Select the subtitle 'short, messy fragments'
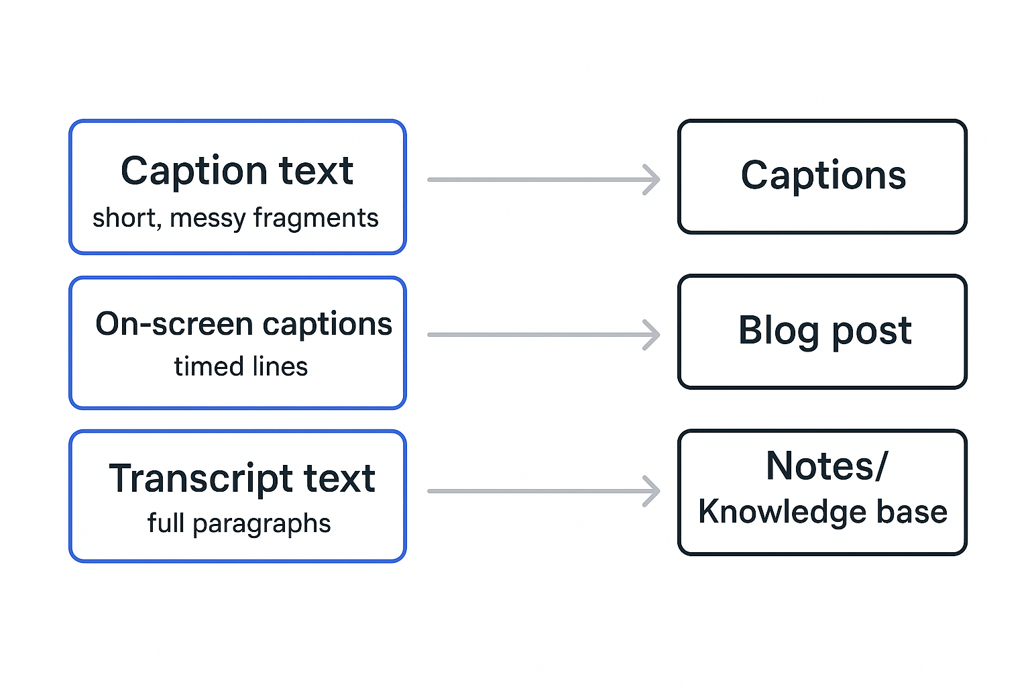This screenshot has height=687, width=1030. (235, 218)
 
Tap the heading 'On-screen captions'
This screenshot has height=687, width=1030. (243, 324)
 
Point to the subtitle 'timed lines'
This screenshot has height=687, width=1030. (241, 367)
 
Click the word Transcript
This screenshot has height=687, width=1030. (201, 479)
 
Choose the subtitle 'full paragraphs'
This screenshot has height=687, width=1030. (239, 523)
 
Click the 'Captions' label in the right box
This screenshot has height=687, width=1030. (823, 176)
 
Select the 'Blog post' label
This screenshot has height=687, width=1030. (824, 330)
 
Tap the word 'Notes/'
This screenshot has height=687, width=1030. (826, 466)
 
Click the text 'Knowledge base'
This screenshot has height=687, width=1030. (822, 512)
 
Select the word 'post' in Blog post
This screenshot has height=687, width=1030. (871, 331)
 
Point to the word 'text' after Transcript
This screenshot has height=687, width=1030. (339, 479)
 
